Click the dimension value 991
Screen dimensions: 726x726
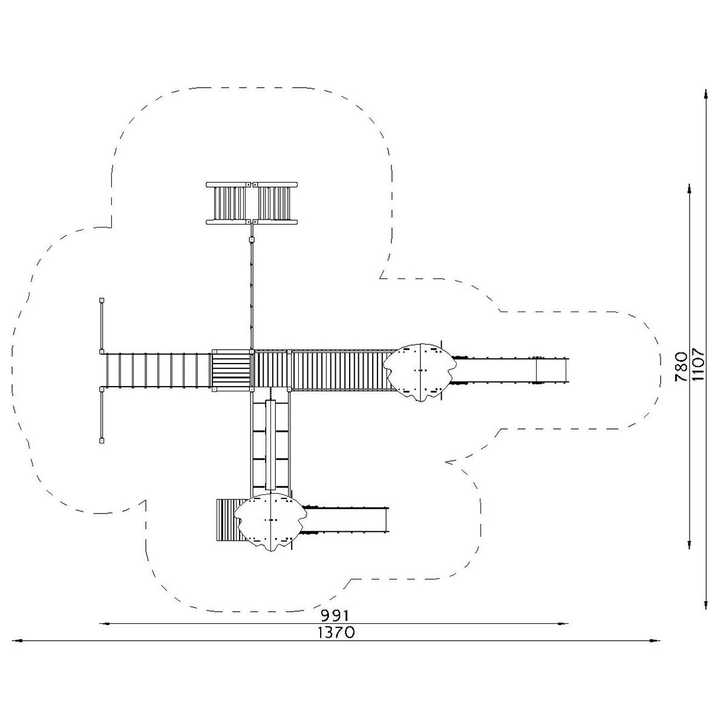tap(335, 615)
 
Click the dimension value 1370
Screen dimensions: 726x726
tap(336, 633)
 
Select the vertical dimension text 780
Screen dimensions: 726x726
tap(681, 367)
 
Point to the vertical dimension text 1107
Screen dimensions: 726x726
tap(698, 365)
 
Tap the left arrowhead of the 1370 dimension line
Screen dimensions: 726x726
tap(16, 640)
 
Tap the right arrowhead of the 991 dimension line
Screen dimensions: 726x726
tap(564, 624)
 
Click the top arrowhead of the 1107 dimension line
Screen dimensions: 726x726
tap(705, 94)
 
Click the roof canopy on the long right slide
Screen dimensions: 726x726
tap(420, 372)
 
